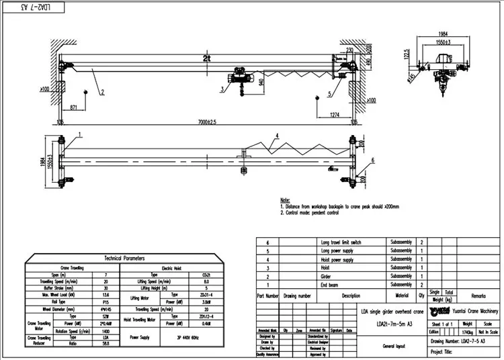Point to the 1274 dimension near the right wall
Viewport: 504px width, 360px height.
pos(339,115)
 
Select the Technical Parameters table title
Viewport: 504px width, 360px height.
pos(118,258)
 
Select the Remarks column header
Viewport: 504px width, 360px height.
pos(478,295)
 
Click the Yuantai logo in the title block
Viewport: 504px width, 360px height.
pos(437,311)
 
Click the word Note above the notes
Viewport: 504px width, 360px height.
pos(285,199)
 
